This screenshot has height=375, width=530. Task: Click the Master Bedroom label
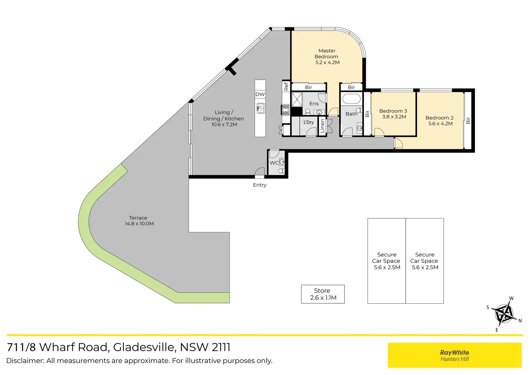(x=327, y=54)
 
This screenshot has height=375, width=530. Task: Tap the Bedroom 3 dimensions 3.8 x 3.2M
(x=394, y=117)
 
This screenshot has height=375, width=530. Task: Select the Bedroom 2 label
(x=439, y=118)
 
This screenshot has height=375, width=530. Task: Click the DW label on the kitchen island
(x=260, y=94)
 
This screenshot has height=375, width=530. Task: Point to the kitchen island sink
(x=260, y=108)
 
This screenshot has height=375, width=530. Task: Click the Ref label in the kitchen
(x=286, y=86)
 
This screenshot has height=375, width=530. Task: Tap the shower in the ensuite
(x=297, y=99)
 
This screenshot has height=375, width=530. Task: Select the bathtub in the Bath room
(x=351, y=99)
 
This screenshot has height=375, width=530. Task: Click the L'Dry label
(x=309, y=122)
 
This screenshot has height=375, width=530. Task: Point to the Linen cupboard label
(x=323, y=126)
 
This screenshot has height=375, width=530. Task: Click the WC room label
(x=274, y=163)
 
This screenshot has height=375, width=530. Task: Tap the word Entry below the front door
(x=260, y=185)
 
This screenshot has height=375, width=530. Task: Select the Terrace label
(x=138, y=218)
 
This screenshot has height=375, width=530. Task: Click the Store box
(x=323, y=294)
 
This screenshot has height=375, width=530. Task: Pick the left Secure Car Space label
(x=386, y=261)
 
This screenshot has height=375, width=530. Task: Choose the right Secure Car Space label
(x=425, y=261)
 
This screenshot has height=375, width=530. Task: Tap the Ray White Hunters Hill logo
(x=454, y=355)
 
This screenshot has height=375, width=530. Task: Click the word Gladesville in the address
(x=144, y=347)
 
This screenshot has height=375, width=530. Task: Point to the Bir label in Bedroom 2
(x=468, y=120)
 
